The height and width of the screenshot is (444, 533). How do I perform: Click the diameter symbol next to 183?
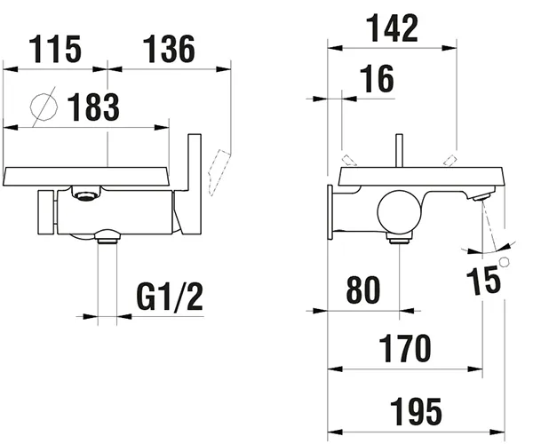point(40,108)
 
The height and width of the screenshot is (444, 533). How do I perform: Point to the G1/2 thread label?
point(171,296)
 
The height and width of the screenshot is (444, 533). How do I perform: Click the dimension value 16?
point(378,80)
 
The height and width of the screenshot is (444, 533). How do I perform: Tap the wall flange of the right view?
point(333,211)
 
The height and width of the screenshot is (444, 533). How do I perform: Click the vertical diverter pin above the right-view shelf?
point(400,153)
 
